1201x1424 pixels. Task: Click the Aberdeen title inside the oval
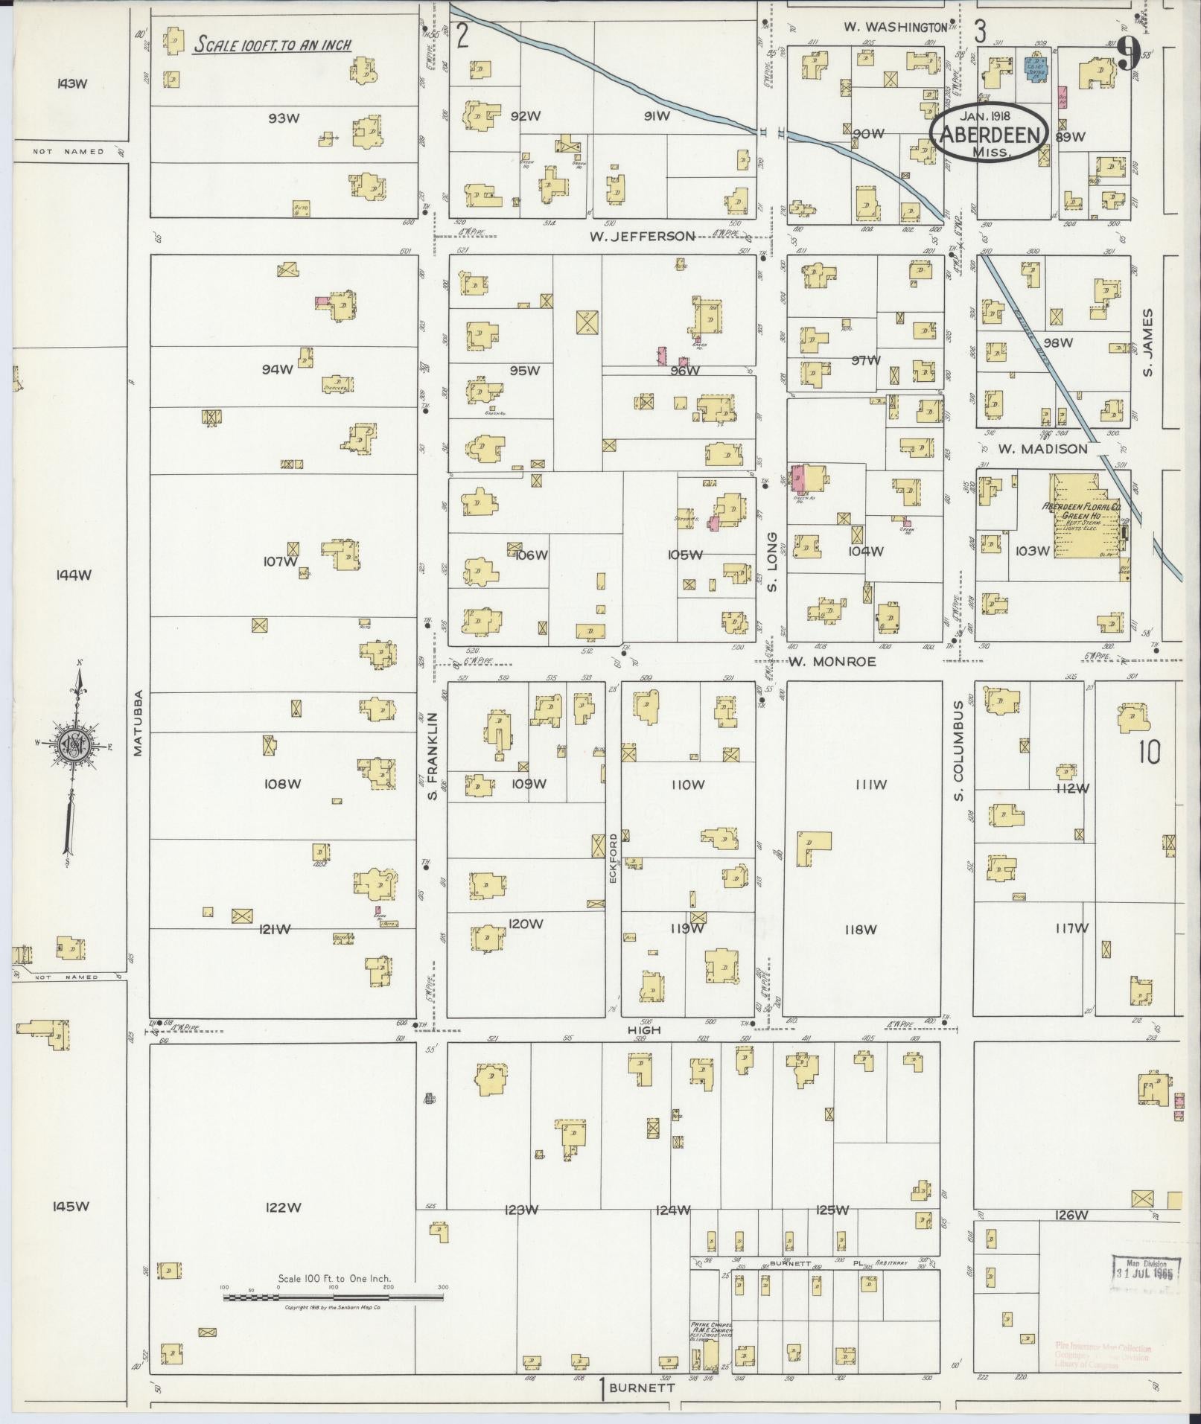990,134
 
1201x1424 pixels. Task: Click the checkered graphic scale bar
333,1297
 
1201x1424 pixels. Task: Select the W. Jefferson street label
642,236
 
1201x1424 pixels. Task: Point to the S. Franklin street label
431,756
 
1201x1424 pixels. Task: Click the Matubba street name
138,725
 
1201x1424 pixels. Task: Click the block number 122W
283,1207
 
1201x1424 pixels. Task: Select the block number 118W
861,929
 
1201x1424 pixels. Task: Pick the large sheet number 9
1129,54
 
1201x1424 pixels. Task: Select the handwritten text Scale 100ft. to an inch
273,45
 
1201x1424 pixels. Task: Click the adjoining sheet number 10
1148,753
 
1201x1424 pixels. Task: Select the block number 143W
71,83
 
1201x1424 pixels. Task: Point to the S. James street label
1147,342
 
